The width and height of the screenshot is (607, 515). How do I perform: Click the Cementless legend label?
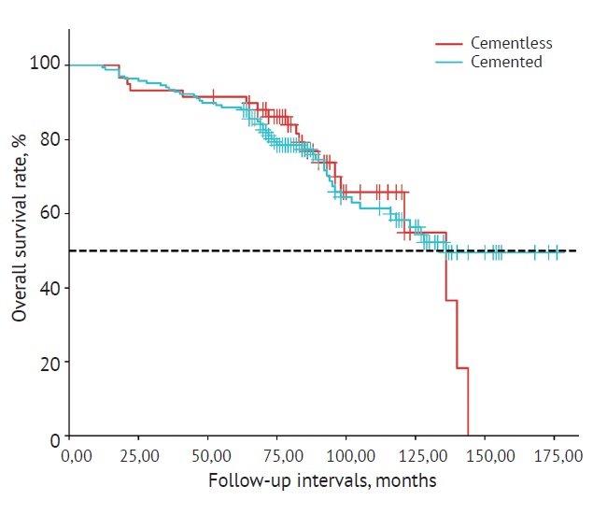511,43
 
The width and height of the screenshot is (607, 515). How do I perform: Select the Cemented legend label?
506,62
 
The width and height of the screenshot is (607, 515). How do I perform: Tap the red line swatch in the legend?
450,43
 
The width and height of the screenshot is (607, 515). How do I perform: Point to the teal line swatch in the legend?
450,62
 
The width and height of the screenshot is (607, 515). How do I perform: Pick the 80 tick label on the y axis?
50,139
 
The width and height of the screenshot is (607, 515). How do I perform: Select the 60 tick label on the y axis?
50,213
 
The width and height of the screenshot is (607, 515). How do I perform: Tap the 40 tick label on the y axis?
50,288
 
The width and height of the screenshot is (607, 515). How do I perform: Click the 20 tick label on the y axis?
50,363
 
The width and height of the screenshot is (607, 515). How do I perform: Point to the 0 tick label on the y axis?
54,437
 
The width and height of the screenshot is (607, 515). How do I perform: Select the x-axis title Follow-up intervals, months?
322,482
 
